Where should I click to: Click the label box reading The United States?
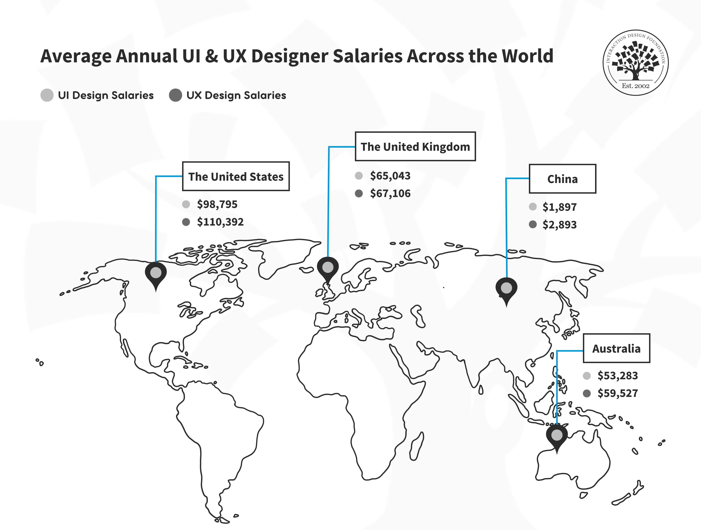tap(236, 176)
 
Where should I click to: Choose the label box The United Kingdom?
tap(415, 147)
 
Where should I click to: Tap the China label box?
tap(563, 179)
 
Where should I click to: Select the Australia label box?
tap(616, 348)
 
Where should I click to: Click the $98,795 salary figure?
tap(217, 204)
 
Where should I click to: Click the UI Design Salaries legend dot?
tap(47, 95)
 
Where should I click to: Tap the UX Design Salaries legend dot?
tap(176, 95)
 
